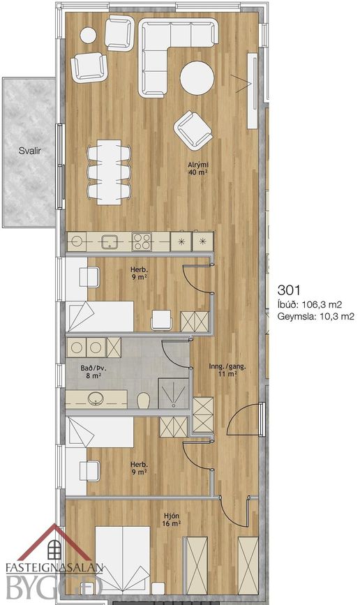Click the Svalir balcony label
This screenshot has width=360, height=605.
30,151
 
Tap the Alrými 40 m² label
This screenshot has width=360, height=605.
198,169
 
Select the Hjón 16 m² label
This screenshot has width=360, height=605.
172,519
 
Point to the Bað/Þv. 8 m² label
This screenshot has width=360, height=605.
93,371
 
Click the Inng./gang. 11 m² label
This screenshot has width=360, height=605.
227,370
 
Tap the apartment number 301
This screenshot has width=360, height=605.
289,290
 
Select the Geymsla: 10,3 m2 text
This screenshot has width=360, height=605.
315,317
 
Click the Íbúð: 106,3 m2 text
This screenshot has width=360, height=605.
310,305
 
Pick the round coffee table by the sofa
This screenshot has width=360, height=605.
197,78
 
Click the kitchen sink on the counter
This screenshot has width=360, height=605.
110,242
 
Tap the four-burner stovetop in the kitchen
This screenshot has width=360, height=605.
142,242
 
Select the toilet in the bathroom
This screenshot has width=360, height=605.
144,400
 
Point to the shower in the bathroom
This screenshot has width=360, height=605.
174,393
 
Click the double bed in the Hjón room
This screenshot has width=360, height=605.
123,560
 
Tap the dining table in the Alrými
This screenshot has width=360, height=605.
109,172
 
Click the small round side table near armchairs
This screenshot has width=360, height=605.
89,35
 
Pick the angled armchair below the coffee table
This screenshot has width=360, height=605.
193,130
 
